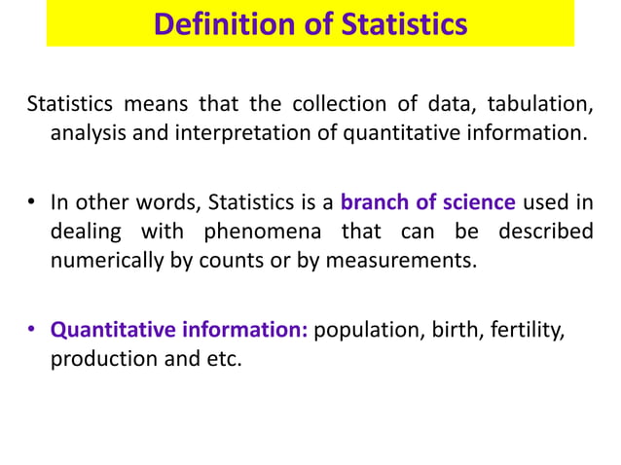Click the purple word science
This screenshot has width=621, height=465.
tap(475, 203)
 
